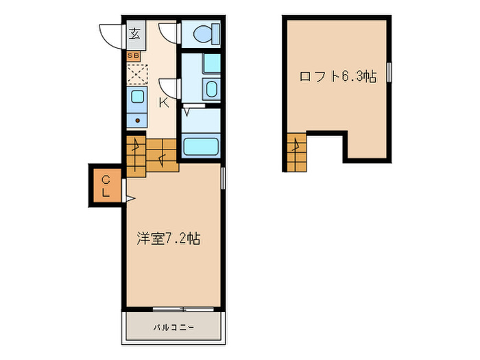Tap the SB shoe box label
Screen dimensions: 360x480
coord(132,54)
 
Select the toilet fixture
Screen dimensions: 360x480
coord(204,32)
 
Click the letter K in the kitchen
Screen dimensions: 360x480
coord(164,103)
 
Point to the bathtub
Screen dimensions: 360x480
coord(201,147)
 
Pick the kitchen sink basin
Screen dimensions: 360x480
coord(137,96)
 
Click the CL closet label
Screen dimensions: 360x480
coord(106,186)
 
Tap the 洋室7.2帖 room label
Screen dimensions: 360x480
coord(168,239)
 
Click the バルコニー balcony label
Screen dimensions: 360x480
coord(173,327)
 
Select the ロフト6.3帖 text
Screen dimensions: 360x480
coord(337,77)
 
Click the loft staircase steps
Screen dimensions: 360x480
coord(296,153)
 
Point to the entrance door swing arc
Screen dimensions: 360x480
coord(110,34)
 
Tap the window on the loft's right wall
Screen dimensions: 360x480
coord(389,72)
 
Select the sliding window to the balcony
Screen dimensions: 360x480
coord(173,309)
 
